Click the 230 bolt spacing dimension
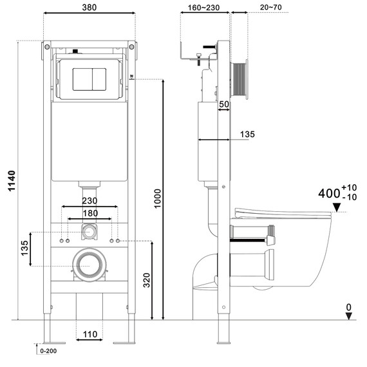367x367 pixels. (89, 200)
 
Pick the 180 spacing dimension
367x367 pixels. (89, 213)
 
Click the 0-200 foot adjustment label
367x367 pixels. (48, 352)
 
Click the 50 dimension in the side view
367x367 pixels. (224, 104)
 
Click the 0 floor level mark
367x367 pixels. (348, 308)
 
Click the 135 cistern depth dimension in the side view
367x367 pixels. (247, 134)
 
